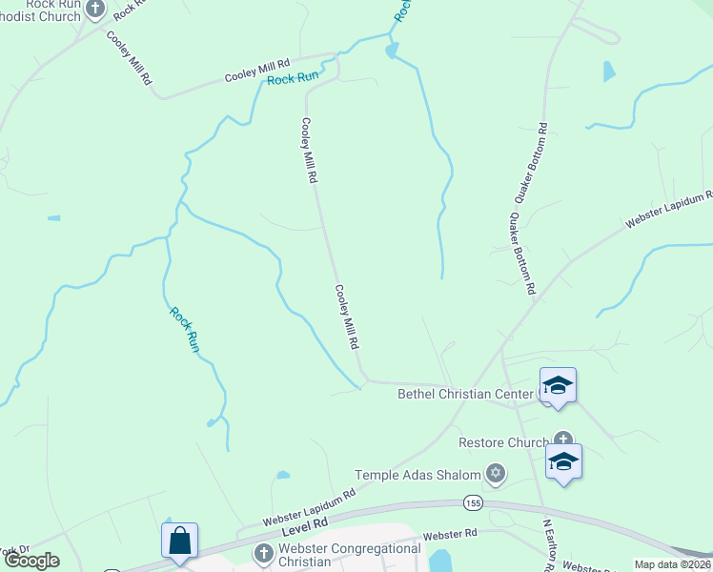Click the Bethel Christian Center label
[x=457, y=394]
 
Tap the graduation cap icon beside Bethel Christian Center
[x=558, y=385]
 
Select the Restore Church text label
[x=502, y=442]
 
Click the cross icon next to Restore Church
[x=564, y=440]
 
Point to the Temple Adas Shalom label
[x=418, y=474]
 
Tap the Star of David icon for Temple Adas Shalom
[x=495, y=473]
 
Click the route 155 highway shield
[x=472, y=501]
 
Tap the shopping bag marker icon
[x=179, y=541]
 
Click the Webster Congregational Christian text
[x=350, y=555]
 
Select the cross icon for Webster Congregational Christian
[x=265, y=553]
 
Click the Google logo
[x=31, y=561]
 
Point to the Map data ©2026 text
[x=673, y=564]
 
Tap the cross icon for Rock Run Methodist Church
[x=94, y=10]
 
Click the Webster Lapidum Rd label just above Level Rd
[x=295, y=507]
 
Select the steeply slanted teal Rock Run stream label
[x=184, y=329]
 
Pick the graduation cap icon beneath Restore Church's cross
[x=563, y=461]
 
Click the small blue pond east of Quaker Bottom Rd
[x=609, y=71]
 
